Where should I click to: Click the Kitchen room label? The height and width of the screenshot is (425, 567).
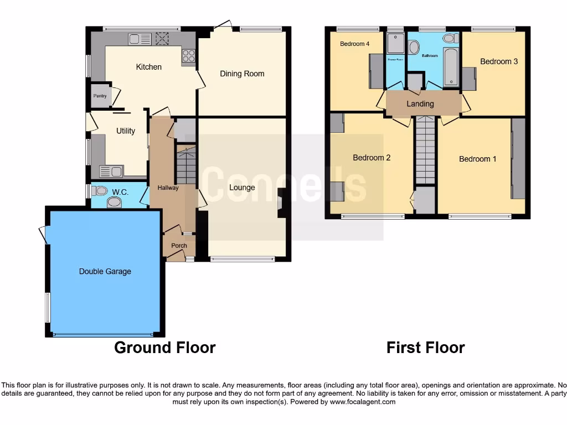(149, 67)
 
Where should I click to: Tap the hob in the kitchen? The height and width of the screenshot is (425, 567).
(188, 55)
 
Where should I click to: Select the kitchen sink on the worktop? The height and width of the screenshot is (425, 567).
(140, 39)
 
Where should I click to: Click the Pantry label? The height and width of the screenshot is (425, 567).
(100, 96)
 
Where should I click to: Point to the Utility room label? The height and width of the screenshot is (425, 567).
(126, 131)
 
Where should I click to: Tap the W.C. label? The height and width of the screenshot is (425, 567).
(120, 192)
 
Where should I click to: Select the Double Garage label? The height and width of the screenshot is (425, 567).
(105, 271)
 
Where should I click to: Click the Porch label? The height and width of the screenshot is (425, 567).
(179, 246)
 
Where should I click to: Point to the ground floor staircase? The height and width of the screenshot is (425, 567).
(187, 164)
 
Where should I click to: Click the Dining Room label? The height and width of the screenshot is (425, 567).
(242, 74)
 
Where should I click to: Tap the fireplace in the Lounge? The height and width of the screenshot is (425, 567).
(281, 205)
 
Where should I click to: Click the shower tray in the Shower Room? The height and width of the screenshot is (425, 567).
(395, 43)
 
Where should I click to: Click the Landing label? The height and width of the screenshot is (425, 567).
(420, 103)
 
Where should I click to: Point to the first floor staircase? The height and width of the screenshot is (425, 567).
(426, 149)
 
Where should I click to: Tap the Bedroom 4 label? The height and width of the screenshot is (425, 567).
(355, 44)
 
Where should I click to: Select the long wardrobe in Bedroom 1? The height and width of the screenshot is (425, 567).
(518, 158)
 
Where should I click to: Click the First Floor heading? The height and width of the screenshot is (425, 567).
(425, 348)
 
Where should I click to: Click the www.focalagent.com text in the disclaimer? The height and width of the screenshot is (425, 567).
(362, 402)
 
